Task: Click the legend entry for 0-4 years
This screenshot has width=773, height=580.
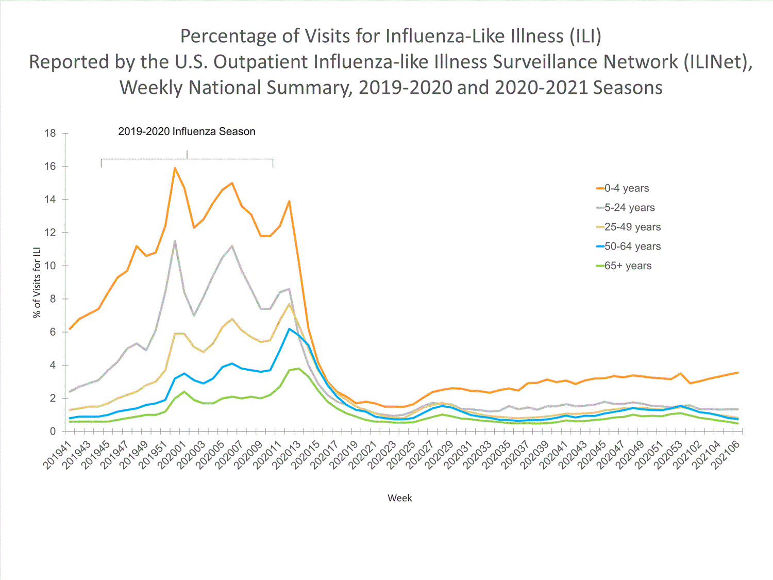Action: point(626,188)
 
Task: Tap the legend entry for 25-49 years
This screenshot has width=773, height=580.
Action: point(632,227)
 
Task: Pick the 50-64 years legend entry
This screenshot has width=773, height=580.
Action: point(632,246)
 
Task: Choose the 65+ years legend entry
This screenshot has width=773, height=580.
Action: point(628,266)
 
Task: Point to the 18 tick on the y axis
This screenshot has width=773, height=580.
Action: point(50,134)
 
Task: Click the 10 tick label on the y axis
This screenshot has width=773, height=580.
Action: point(50,266)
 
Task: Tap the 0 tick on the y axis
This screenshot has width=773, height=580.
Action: point(53,432)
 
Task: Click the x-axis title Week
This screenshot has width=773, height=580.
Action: point(399,498)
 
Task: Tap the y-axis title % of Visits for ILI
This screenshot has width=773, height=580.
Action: point(37,282)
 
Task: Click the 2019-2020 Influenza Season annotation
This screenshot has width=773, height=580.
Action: point(187,131)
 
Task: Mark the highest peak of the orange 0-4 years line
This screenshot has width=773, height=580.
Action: point(175,168)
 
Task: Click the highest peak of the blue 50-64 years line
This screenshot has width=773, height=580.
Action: point(289,328)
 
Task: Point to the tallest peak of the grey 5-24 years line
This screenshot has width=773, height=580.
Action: point(175,241)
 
